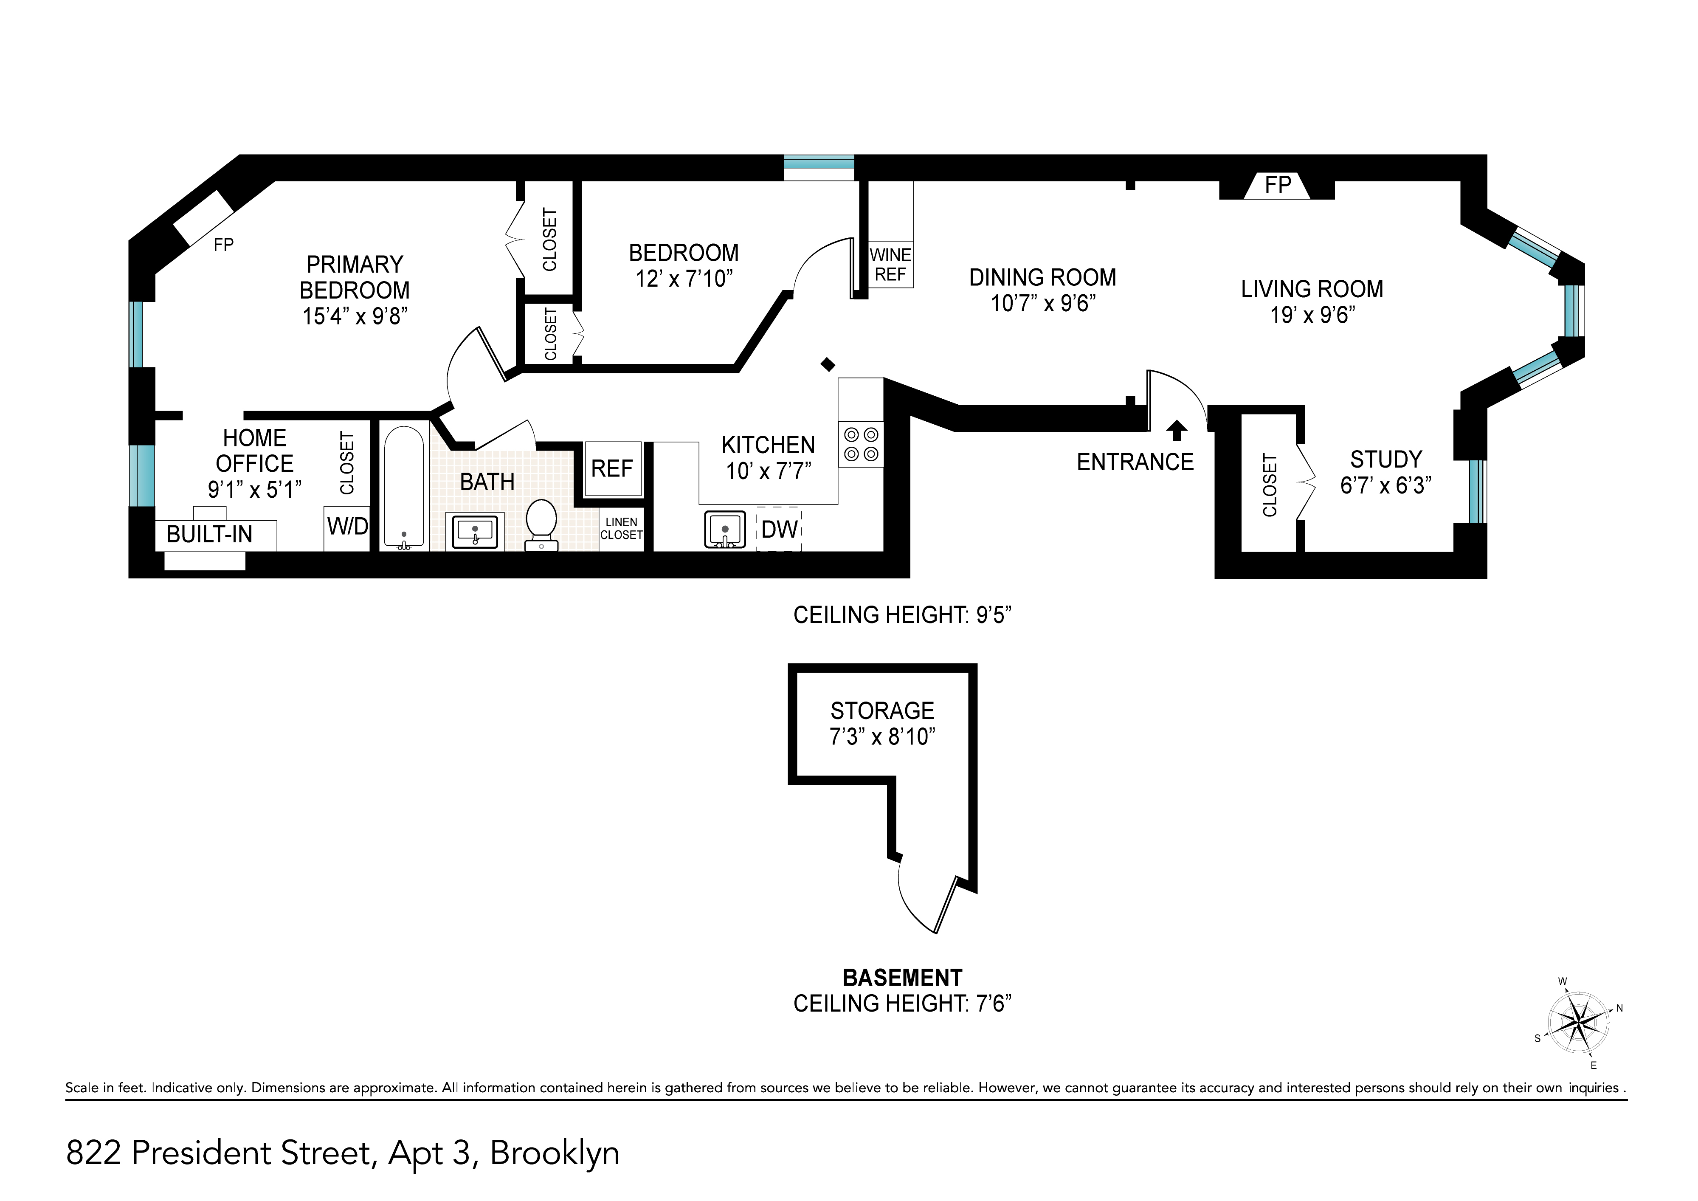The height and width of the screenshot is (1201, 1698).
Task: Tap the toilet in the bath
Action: [541, 524]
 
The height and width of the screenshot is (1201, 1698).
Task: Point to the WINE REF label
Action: [890, 265]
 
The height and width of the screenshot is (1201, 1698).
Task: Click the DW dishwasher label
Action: [780, 530]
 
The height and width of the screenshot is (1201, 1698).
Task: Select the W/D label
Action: [348, 527]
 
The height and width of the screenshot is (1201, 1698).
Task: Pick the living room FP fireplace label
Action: [1278, 185]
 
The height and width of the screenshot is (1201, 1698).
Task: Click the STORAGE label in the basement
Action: [882, 710]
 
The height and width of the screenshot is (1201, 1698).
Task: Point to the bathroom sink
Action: [475, 531]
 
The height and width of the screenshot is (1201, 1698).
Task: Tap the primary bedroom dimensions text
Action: [355, 316]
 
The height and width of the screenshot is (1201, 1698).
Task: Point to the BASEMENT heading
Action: [902, 978]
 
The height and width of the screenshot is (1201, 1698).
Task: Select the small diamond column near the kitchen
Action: [828, 364]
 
